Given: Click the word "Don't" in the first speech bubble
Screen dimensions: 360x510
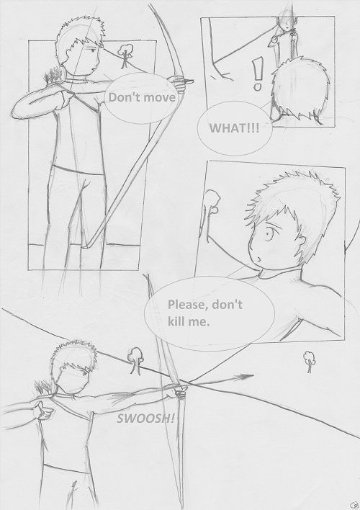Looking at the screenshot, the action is coord(120,97).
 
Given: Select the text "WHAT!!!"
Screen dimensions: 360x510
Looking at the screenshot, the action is coord(234,128).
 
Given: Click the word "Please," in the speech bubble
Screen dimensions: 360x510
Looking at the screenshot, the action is coord(189,305).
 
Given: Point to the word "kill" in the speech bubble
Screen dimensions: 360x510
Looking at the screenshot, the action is coord(176,321).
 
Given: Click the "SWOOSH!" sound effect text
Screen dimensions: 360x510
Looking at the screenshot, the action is coord(145,419).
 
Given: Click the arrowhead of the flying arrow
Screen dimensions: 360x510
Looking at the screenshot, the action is coord(246,377).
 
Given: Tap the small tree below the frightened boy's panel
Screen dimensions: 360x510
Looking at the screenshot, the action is coord(310,362).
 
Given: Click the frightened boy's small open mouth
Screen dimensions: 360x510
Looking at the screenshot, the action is coord(259,259).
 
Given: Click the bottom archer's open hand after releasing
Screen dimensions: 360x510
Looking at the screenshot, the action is coord(44,411).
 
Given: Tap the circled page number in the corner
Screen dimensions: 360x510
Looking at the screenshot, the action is coord(354,505).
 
